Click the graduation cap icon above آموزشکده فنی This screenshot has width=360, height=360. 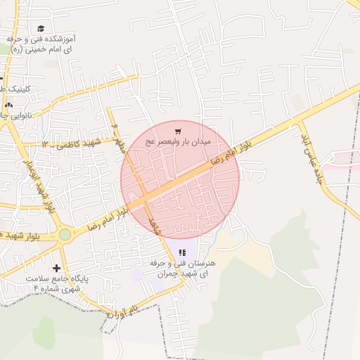point(40,28)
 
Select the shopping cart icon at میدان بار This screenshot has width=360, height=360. point(179,130)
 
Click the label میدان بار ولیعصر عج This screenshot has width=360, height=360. point(179,141)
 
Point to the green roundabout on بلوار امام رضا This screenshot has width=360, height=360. point(65,233)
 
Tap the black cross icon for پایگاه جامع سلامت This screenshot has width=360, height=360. point(57,268)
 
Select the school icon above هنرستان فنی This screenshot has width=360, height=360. point(182,252)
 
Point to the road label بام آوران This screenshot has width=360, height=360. point(121,309)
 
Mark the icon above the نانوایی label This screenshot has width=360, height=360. point(8,103)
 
